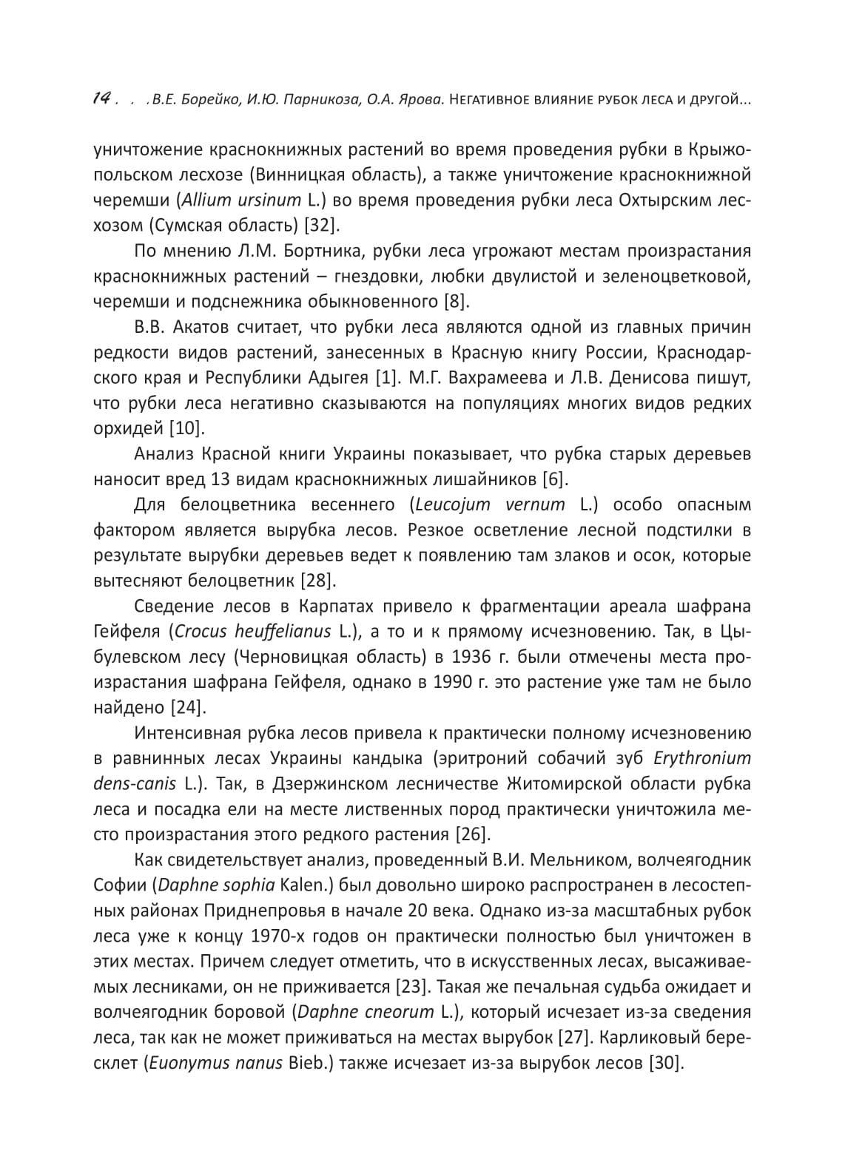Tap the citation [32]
320,225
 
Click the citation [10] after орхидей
187,428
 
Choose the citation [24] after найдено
187,707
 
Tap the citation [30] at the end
664,1064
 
